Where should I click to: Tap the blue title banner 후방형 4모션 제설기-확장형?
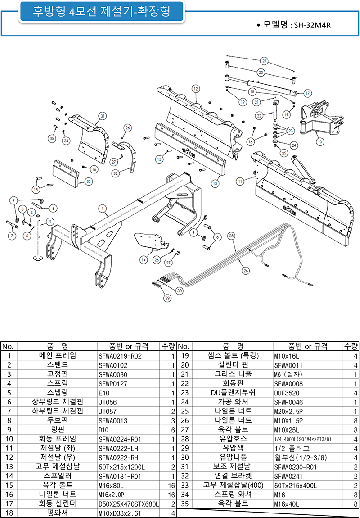coord(102,12)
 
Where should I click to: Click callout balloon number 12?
coord(195,89)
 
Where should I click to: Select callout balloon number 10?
coord(320,141)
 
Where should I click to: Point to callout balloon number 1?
coord(103,209)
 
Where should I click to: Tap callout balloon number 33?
coord(88,182)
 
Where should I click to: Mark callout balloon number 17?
coord(308,93)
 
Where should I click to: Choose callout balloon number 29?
coord(167,298)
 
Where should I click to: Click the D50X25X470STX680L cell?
coord(128,504)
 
